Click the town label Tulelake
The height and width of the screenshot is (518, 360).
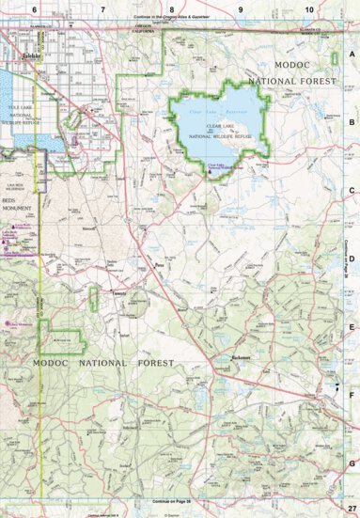[x=21, y=56]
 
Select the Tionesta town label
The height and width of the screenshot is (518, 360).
[x=119, y=292]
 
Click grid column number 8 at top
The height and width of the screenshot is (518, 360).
[x=172, y=8]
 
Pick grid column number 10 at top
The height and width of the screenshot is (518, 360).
[x=310, y=8]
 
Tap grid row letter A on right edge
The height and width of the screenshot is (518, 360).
[x=352, y=54]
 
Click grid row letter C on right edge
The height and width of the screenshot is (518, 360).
[x=352, y=191]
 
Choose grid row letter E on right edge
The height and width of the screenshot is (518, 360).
[x=352, y=327]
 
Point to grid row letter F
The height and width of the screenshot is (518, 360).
[x=352, y=395]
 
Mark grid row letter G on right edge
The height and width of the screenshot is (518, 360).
[x=352, y=463]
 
